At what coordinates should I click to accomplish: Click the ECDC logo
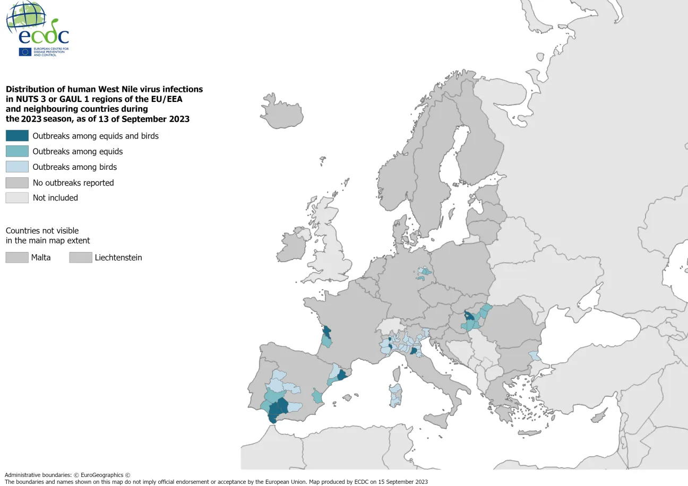coord(37,29)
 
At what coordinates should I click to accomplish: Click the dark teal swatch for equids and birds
coord(17,136)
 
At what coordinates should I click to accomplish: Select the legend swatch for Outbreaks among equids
coord(17,151)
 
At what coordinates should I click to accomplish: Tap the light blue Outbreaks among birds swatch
coord(17,167)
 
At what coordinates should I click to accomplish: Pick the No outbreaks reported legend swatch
coord(17,183)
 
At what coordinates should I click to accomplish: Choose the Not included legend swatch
coord(17,198)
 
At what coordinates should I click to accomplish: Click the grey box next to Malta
coord(17,257)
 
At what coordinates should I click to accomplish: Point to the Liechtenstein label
coord(118,258)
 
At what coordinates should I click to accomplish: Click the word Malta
coord(41,258)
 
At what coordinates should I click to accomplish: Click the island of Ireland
coord(293,245)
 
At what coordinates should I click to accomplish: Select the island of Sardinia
coord(395,396)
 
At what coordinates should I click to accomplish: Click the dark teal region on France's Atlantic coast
coord(327,332)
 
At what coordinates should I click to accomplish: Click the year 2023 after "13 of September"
coord(179,119)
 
